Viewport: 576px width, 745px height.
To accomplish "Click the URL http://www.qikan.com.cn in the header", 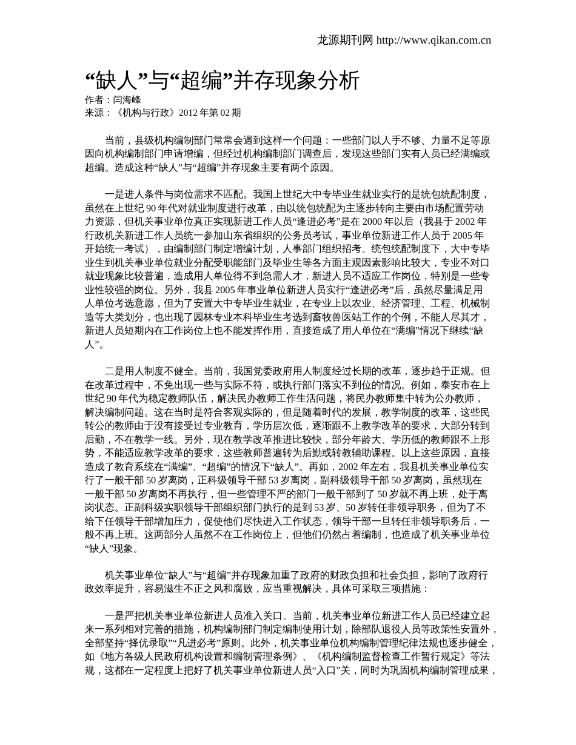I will (x=434, y=41).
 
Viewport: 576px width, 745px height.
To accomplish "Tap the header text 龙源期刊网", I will (x=345, y=41).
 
